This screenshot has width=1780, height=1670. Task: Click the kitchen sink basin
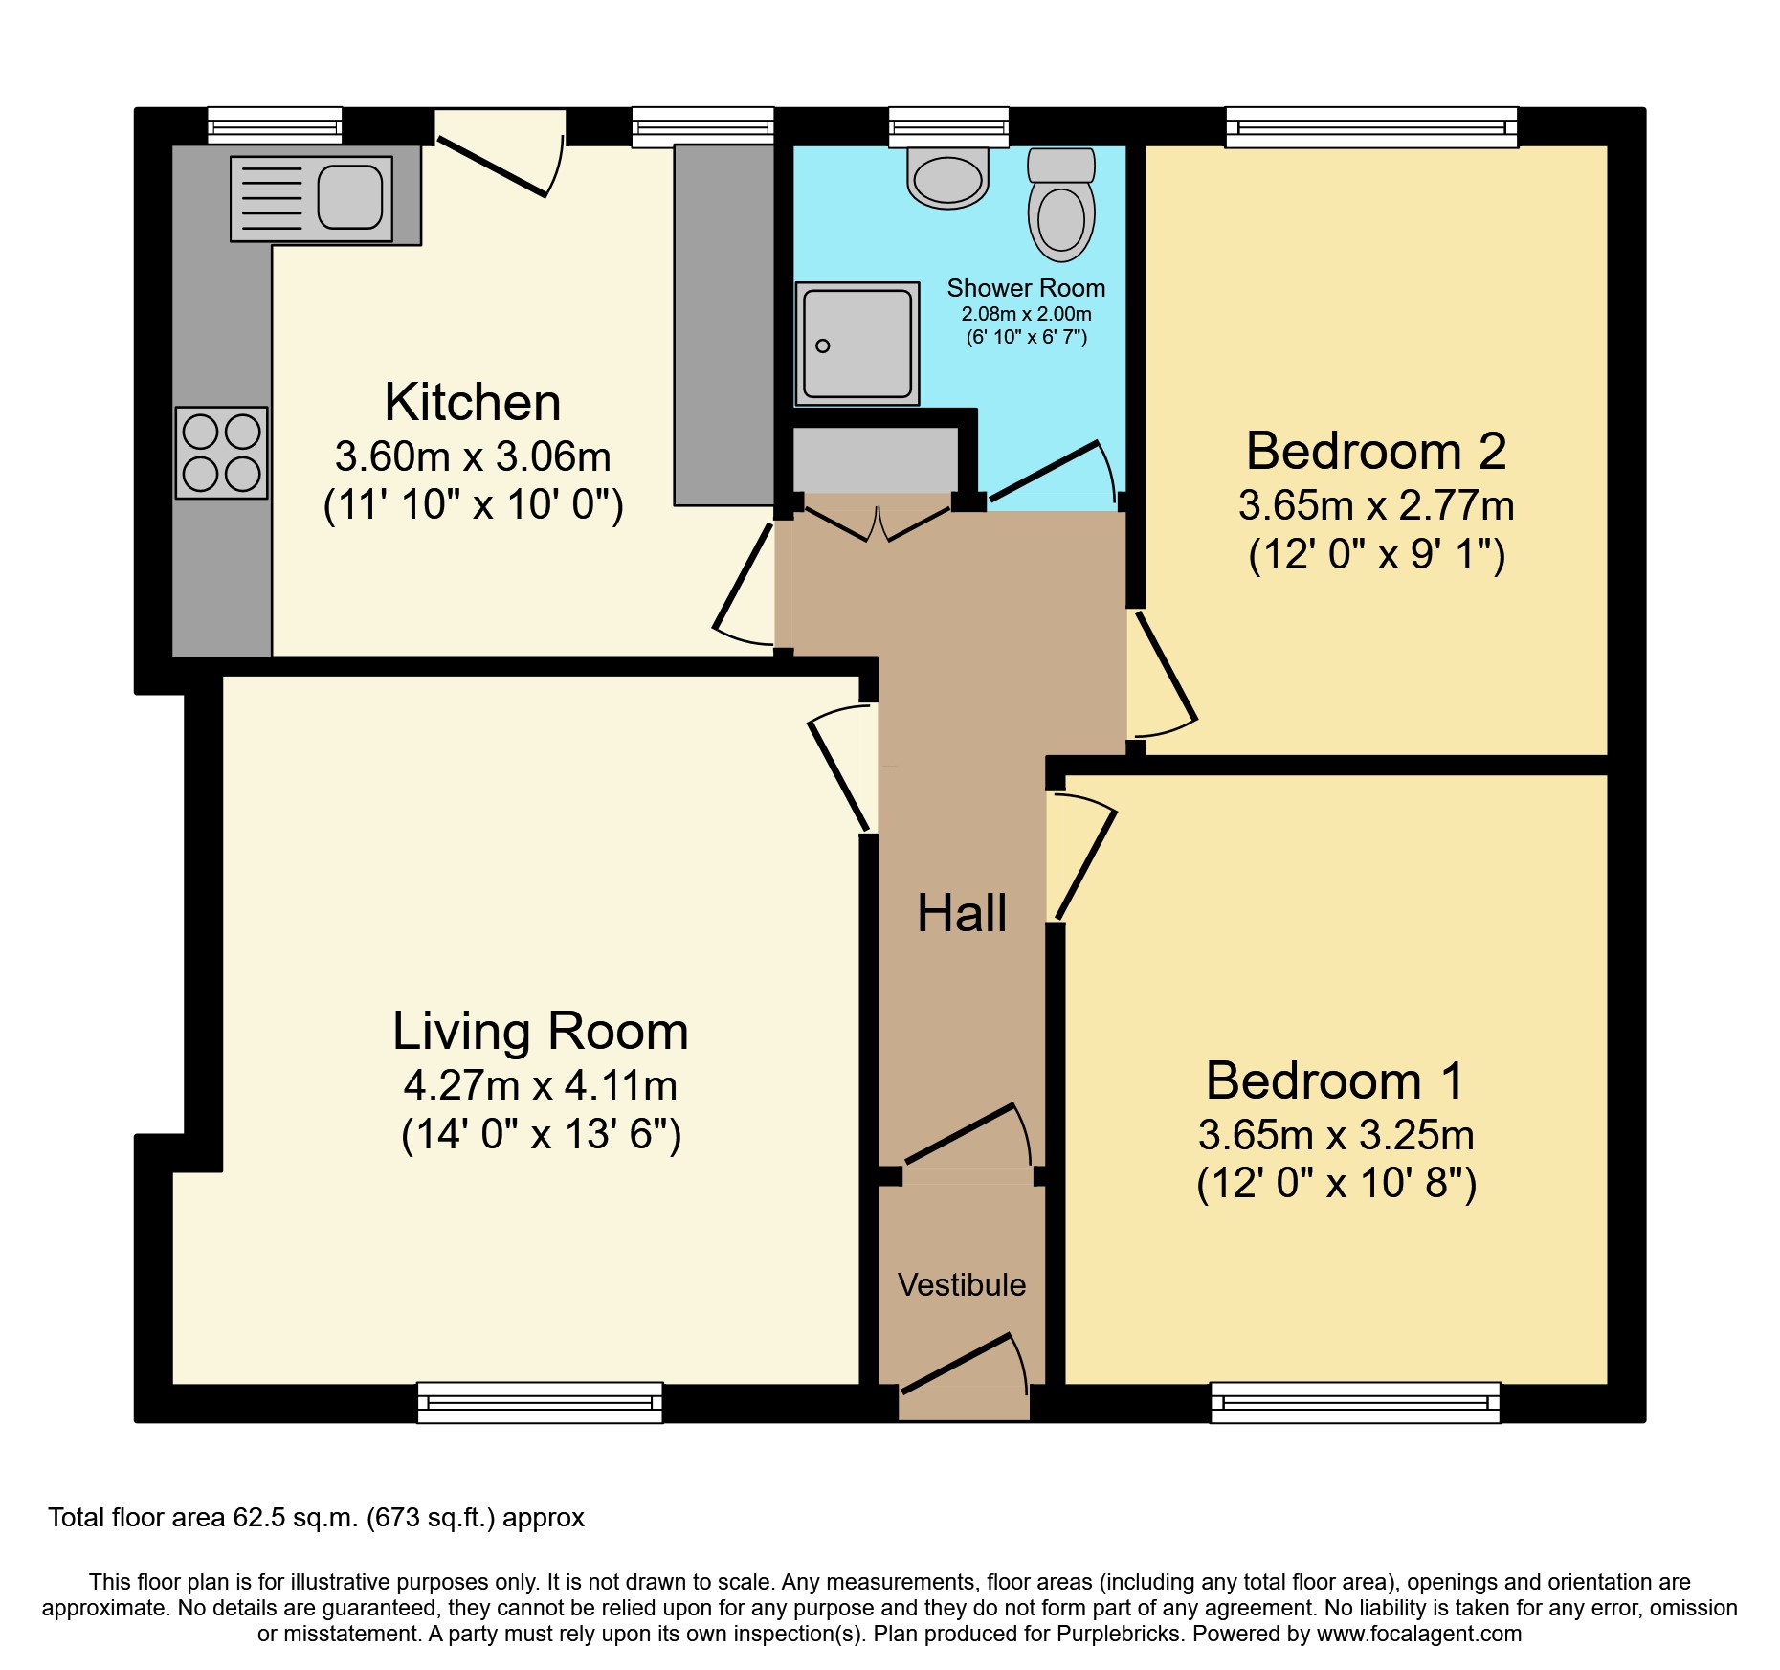(x=349, y=197)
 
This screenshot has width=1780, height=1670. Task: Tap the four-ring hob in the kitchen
(x=221, y=453)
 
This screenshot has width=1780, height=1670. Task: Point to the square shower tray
(x=857, y=344)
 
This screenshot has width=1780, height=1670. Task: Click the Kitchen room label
(x=473, y=403)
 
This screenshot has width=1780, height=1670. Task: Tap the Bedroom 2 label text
(x=1375, y=452)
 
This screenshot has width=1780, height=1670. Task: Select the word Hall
(x=962, y=914)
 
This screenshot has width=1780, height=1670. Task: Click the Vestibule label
(x=962, y=1285)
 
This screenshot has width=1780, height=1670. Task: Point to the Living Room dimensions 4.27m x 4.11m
(x=541, y=1086)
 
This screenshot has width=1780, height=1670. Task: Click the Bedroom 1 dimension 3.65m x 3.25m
(x=1336, y=1136)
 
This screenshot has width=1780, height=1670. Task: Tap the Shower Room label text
(x=1026, y=288)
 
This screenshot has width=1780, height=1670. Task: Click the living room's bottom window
(x=540, y=1403)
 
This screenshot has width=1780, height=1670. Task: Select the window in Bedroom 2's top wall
(x=1371, y=127)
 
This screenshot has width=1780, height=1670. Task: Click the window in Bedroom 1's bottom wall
(x=1355, y=1403)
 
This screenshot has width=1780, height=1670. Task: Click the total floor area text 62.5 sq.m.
(x=316, y=1518)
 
